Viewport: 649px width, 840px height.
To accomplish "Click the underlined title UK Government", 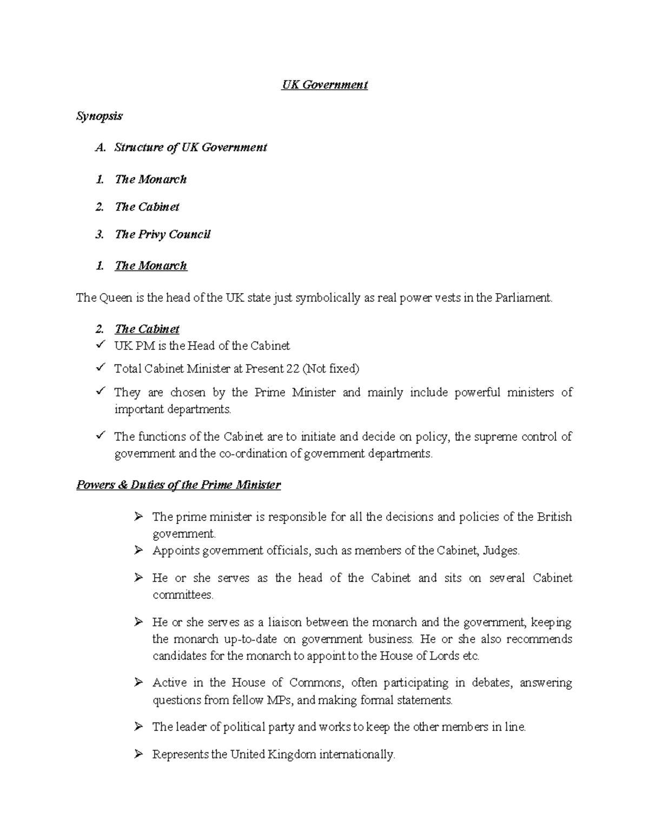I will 325,85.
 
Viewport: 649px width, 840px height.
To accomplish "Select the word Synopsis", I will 100,116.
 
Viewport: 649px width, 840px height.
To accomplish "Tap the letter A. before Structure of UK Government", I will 100,148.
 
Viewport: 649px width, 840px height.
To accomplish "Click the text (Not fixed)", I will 330,369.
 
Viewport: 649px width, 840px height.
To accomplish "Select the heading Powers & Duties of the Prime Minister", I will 178,485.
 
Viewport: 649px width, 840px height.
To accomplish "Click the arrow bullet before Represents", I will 138,754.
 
